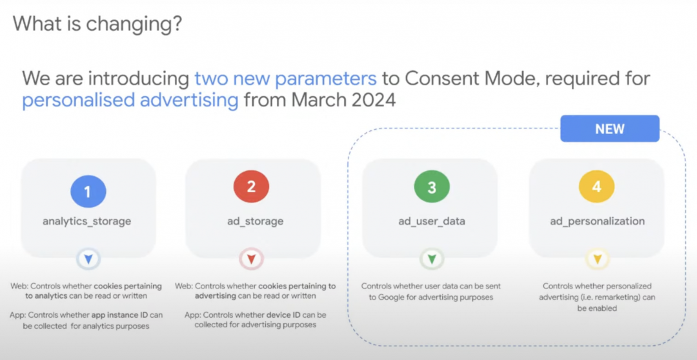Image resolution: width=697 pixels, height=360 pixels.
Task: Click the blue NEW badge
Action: point(610,129)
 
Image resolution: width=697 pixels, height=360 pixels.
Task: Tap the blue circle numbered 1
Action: point(88,192)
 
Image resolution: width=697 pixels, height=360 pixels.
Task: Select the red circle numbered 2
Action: point(251,187)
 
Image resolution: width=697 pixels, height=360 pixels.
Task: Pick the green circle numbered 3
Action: point(432,187)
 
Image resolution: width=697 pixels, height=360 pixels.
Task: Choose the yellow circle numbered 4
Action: point(596,187)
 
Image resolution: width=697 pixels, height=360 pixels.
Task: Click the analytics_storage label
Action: point(86,221)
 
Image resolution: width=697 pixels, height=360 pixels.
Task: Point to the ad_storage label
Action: point(252,221)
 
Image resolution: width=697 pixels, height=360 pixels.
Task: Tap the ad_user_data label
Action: point(432,221)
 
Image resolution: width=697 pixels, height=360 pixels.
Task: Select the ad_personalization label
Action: point(597,221)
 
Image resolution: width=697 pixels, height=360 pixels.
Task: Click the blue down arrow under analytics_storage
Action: point(88,259)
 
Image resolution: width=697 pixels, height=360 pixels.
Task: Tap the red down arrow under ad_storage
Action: point(251,259)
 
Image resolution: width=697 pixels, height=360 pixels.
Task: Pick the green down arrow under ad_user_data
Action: point(432,259)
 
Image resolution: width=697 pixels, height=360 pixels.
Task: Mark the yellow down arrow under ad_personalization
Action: point(597,259)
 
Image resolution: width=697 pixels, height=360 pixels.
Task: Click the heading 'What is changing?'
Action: point(97,24)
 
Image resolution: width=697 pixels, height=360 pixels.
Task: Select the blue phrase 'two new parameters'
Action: point(286,79)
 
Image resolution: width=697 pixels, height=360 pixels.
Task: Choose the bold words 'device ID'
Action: point(283,315)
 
